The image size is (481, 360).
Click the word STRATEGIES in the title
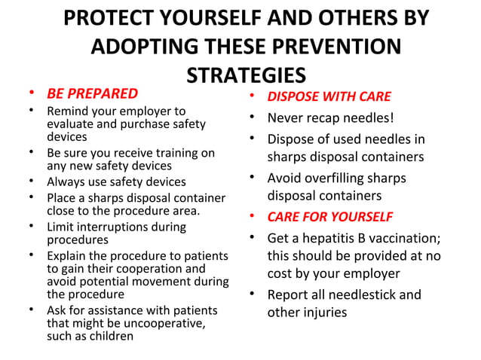click(246, 77)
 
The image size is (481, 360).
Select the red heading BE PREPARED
click(92, 94)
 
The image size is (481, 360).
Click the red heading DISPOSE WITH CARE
click(329, 97)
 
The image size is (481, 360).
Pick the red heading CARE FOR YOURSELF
click(330, 217)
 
